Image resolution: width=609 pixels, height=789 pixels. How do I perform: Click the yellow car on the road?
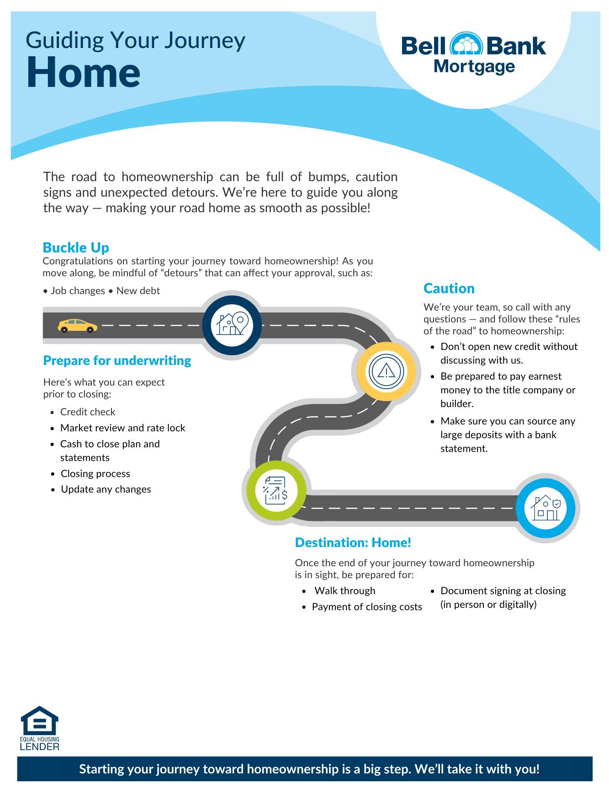(78, 326)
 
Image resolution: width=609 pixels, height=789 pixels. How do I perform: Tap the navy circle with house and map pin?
(232, 325)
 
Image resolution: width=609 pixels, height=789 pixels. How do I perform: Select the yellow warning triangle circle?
(387, 371)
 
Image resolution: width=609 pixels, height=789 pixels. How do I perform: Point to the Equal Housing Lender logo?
(40, 728)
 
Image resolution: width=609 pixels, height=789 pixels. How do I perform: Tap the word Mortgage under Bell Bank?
(474, 67)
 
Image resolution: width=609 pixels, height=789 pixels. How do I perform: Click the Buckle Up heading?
(76, 247)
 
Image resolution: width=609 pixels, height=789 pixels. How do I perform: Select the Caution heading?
(449, 288)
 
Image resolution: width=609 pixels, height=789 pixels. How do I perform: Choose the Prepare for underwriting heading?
(117, 360)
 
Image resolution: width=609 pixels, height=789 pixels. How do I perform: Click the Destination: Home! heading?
(353, 542)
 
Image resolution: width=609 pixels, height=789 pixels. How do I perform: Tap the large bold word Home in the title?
(83, 73)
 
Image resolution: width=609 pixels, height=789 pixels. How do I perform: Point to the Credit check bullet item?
(88, 412)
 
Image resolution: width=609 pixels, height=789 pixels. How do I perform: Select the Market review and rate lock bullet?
(122, 428)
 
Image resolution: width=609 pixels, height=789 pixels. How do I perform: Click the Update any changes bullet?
(106, 489)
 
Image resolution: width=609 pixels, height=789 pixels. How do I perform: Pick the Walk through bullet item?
(345, 590)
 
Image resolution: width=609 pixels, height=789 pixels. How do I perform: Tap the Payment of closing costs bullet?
(367, 607)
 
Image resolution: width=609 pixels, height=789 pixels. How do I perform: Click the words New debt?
(138, 291)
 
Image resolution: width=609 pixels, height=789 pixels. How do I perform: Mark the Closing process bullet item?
(95, 473)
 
